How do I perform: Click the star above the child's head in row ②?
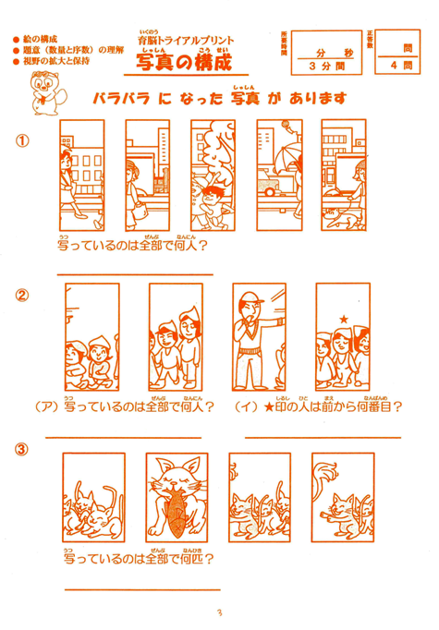[343, 319]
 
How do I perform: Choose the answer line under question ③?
[139, 588]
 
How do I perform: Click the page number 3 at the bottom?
[219, 613]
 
